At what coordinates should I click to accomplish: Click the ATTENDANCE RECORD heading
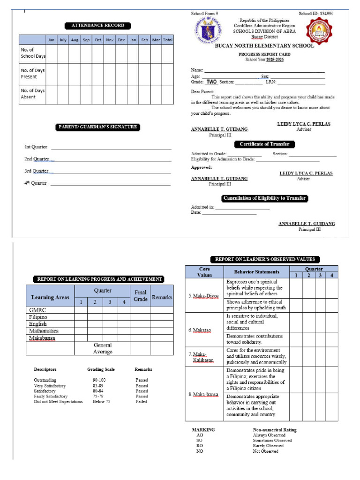point(98,25)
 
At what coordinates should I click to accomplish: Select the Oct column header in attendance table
point(98,40)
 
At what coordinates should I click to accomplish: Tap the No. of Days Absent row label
point(32,94)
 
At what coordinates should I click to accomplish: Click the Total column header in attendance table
point(168,40)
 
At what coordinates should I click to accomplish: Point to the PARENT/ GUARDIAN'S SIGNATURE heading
point(98,127)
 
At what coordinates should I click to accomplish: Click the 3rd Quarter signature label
point(36,171)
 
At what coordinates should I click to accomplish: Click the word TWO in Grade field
point(211,82)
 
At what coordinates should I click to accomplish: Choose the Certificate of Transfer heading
point(265,144)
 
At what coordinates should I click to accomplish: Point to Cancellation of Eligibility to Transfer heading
point(265,198)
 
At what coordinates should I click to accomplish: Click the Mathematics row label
point(44,331)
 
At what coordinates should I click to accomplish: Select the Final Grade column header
point(141,296)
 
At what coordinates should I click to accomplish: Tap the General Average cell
point(102,348)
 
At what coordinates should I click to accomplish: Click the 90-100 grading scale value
point(99,380)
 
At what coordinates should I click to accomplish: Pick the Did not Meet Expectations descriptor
point(58,402)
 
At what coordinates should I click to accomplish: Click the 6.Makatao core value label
point(200,330)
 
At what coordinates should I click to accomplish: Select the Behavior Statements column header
point(256,272)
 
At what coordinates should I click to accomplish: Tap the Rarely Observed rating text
point(268,446)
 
